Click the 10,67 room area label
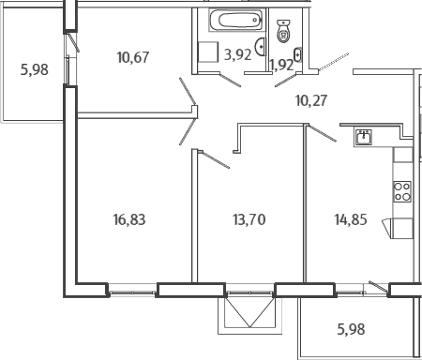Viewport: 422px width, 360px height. point(133,57)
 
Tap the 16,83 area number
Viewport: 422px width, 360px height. point(129,219)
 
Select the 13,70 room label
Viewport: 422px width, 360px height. point(249,219)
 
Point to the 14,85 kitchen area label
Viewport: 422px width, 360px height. point(351,219)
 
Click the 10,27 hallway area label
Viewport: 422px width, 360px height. point(311,100)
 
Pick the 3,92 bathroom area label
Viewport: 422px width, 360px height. point(238,55)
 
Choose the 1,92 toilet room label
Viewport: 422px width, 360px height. point(281,66)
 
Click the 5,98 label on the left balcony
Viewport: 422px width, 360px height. point(35,69)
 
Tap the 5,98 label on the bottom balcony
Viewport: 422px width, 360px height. point(351,329)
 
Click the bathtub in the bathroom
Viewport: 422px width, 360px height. point(235,20)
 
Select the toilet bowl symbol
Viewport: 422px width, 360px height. point(283,31)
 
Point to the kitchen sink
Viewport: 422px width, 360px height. point(363,137)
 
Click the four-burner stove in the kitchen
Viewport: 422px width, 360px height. point(402,191)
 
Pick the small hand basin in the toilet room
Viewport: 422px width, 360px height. point(298,54)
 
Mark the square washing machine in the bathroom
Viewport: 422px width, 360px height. point(208,52)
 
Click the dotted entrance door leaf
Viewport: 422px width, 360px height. point(333,62)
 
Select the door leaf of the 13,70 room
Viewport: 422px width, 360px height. point(216,160)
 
